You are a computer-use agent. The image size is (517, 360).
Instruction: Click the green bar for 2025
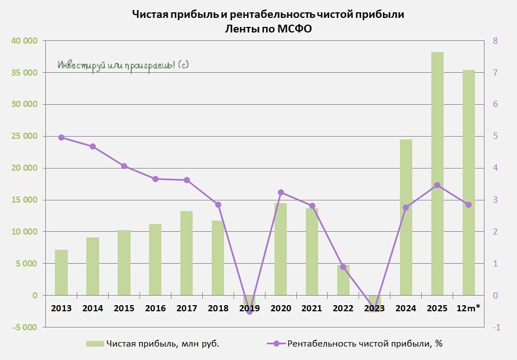tap(437, 174)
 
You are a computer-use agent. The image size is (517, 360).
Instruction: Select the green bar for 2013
tap(61, 272)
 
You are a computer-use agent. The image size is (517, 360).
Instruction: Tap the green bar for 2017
tap(187, 253)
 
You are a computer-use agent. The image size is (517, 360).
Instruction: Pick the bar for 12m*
tap(468, 183)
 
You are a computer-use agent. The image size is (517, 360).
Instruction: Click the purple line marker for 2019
tap(250, 311)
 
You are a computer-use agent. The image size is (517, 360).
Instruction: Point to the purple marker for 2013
tap(61, 138)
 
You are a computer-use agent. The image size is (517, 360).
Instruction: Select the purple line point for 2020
tap(281, 193)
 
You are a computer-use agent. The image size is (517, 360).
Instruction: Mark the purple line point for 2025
tap(437, 185)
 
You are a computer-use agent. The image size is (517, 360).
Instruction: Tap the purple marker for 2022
tap(343, 267)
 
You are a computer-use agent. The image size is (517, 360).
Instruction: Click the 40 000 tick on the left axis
tap(25, 41)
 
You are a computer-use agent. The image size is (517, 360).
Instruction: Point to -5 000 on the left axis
tap(25, 328)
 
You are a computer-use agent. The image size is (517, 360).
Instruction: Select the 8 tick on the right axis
tap(495, 41)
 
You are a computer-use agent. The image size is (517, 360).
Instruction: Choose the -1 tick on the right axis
tap(496, 328)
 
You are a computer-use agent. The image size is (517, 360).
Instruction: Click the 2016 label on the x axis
tap(155, 308)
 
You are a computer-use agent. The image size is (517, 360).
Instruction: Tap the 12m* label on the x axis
tap(468, 308)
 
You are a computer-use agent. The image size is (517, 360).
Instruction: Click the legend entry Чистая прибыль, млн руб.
tap(153, 344)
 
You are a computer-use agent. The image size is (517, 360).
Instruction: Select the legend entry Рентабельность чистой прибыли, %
tap(355, 344)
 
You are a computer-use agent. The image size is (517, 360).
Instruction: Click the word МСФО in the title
tap(295, 29)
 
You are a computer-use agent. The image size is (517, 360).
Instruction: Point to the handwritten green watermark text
tap(123, 66)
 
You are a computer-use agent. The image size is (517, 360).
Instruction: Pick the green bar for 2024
tap(406, 217)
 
